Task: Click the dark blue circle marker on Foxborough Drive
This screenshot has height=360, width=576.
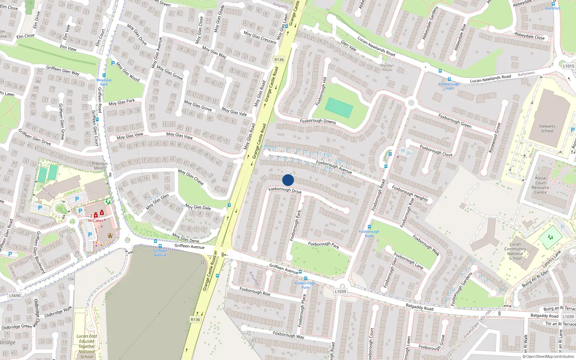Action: click(288, 180)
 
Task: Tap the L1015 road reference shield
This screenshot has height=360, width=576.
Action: click(568, 66)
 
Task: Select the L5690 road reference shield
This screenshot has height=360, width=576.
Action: click(15, 296)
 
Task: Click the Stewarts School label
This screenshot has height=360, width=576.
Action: click(547, 129)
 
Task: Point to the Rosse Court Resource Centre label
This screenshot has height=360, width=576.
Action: click(540, 185)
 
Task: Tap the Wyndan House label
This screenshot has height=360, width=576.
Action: click(387, 68)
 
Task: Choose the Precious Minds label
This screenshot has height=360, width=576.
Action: click(100, 166)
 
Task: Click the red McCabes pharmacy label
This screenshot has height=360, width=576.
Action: click(96, 220)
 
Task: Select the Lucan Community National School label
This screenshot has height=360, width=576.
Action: click(515, 251)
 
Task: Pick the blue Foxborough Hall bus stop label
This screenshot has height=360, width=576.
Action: click(449, 86)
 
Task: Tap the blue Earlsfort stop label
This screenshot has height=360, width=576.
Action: click(553, 8)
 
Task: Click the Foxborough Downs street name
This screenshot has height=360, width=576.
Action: click(318, 121)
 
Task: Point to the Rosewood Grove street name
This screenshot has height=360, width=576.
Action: click(495, 138)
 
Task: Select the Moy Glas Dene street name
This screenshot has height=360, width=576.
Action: click(185, 238)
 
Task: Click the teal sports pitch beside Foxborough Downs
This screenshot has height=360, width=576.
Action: click(339, 108)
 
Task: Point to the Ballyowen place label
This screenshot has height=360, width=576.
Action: click(526, 74)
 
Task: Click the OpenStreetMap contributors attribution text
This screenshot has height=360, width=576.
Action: click(548, 357)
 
